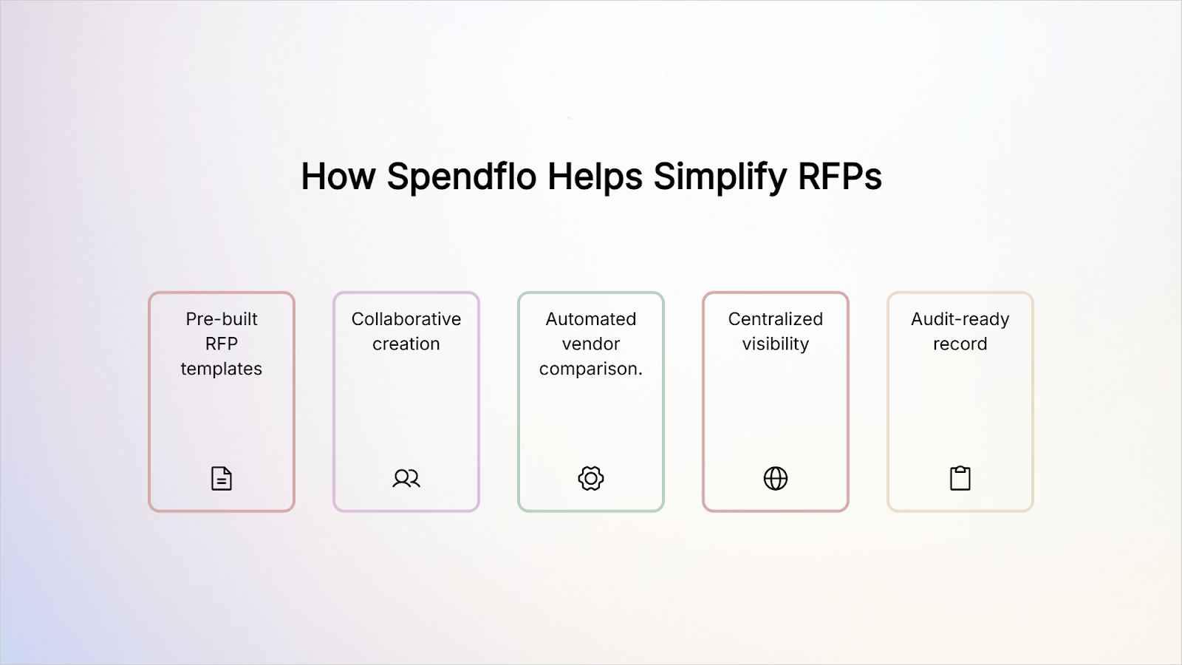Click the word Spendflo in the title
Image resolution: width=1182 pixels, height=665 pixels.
click(x=461, y=177)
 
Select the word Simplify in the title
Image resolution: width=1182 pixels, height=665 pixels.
click(x=720, y=177)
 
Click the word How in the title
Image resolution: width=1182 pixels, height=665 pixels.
click(x=338, y=177)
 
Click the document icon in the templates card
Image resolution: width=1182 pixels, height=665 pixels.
click(x=222, y=479)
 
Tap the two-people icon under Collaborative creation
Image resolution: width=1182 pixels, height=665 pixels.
click(x=406, y=479)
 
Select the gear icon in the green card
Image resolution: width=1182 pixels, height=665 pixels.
click(x=591, y=479)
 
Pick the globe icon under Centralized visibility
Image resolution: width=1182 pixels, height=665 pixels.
click(x=776, y=479)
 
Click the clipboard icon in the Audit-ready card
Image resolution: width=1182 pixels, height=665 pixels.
click(x=960, y=479)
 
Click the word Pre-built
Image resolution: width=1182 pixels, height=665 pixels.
click(x=222, y=319)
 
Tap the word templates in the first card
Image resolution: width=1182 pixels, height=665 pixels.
click(x=222, y=369)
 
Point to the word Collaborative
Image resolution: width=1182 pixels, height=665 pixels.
click(x=406, y=319)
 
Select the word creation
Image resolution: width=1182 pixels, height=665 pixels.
click(x=406, y=344)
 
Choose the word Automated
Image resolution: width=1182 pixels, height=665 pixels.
click(x=591, y=319)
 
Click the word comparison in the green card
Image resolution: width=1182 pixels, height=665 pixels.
click(x=589, y=369)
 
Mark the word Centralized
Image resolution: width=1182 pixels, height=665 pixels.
click(x=776, y=319)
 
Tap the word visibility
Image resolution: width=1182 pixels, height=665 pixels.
click(x=776, y=344)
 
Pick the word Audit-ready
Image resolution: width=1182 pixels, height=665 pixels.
click(x=960, y=319)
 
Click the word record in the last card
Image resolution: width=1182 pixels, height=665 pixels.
click(x=960, y=344)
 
